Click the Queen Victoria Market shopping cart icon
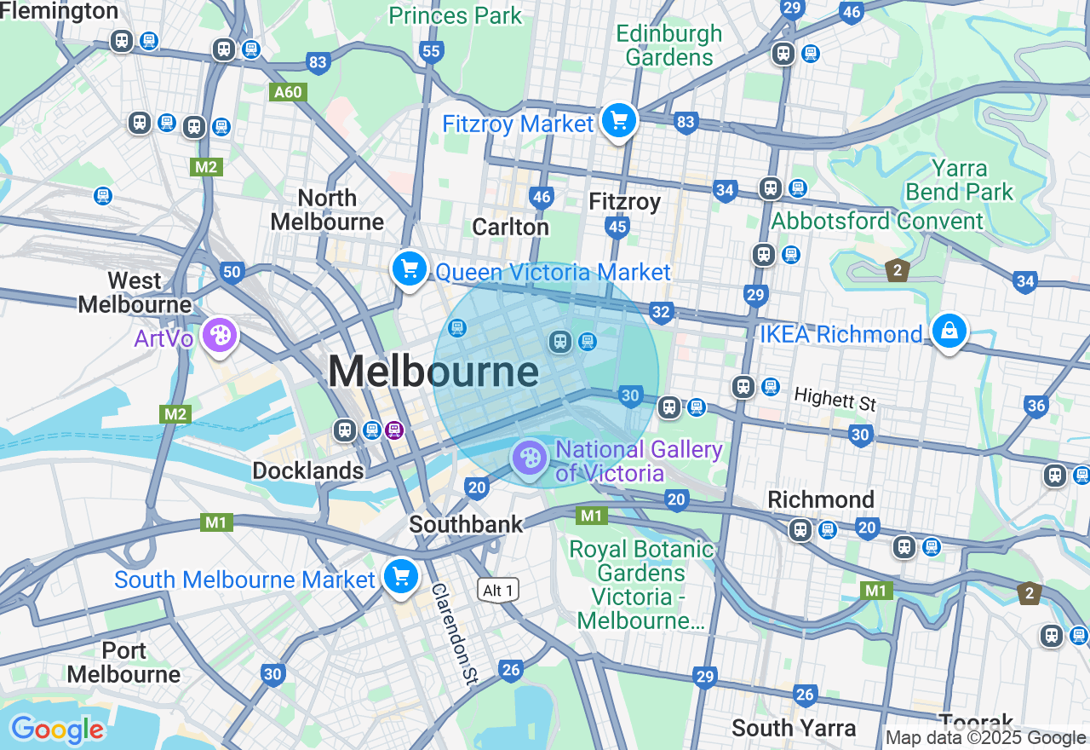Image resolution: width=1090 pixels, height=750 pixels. pos(410,269)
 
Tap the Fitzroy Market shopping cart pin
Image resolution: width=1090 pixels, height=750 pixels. pos(619,122)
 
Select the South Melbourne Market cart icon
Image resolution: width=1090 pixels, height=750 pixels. pos(400,577)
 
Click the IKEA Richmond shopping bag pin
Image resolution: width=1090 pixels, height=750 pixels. pos(948,331)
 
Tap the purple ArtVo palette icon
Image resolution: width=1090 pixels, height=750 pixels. pos(220,336)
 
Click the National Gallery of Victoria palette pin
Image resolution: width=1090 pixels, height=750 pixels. pos(530,459)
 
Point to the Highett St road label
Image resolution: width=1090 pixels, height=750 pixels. pos(835,398)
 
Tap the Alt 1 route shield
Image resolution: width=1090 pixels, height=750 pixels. pos(498,591)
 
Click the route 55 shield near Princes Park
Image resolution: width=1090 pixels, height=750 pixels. pos(431,52)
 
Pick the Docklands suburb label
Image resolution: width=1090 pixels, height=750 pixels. pos(307,470)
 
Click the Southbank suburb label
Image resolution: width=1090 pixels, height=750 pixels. pos(466,523)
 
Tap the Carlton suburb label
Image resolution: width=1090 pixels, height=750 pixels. pos(510,227)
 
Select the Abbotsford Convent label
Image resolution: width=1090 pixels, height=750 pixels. pos(877,222)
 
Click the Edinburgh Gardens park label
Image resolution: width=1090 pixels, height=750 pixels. pos(669,45)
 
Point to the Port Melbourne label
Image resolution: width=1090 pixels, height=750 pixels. pos(123,662)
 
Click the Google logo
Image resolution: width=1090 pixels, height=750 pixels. pos(57,730)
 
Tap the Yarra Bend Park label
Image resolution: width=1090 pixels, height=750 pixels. pos(960,180)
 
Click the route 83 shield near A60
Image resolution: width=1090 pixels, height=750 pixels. pos(318,62)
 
